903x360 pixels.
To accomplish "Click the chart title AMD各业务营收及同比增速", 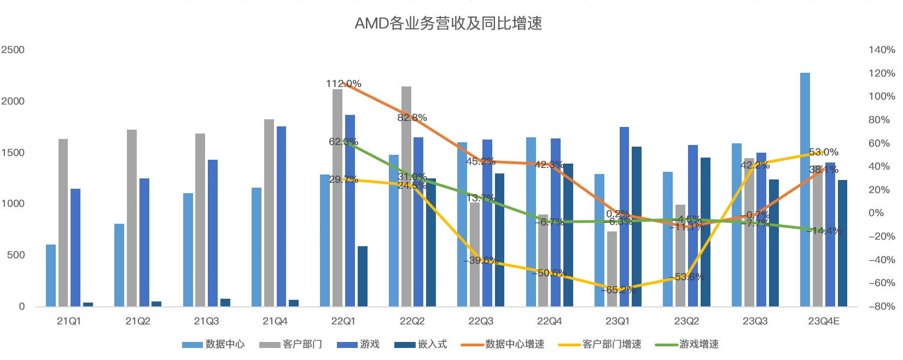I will click(x=448, y=24).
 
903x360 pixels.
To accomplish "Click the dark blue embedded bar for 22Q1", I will click(x=363, y=276).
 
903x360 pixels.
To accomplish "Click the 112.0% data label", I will click(x=343, y=84).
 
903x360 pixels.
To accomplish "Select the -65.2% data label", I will click(x=617, y=290).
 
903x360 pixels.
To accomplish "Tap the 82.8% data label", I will click(x=412, y=118).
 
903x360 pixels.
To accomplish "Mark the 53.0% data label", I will click(x=824, y=152).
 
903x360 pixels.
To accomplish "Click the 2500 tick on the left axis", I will click(x=13, y=50).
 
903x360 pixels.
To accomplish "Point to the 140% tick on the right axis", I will click(x=882, y=50).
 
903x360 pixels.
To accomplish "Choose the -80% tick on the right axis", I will click(x=882, y=306).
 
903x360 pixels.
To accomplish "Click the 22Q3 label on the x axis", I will click(x=481, y=321).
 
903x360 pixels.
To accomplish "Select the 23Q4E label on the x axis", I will click(x=824, y=321).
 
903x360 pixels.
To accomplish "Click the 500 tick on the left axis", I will click(x=16, y=255).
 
